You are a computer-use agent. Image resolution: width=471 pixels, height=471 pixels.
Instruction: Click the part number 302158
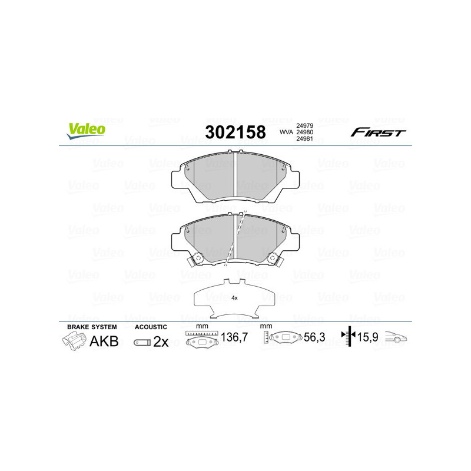[235, 132]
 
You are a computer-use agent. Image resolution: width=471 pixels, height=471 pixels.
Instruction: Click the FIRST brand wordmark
[378, 132]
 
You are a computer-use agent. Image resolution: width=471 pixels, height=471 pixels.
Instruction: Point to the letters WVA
[286, 132]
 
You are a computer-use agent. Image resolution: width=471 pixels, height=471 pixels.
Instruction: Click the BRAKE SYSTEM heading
[92, 327]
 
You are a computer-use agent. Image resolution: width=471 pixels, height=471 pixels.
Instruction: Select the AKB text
[103, 341]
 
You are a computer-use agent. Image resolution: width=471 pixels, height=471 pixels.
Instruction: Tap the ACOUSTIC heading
[151, 327]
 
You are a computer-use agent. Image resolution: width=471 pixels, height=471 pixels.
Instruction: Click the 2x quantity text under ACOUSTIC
[161, 341]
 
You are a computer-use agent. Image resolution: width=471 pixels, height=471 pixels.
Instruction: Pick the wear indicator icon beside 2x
[141, 342]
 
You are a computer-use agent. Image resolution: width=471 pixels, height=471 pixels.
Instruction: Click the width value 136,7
[234, 338]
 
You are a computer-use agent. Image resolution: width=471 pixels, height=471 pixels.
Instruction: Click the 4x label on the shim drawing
[234, 298]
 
